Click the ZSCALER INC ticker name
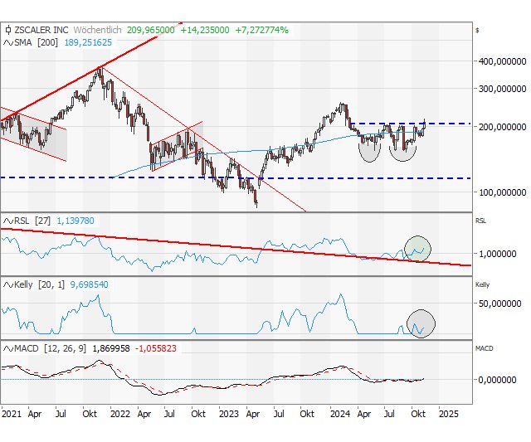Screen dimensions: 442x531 (41, 29)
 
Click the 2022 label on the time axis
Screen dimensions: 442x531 (120, 412)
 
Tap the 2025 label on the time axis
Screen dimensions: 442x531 (447, 412)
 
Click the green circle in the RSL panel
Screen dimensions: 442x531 (418, 248)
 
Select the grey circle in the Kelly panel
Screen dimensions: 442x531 (421, 322)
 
